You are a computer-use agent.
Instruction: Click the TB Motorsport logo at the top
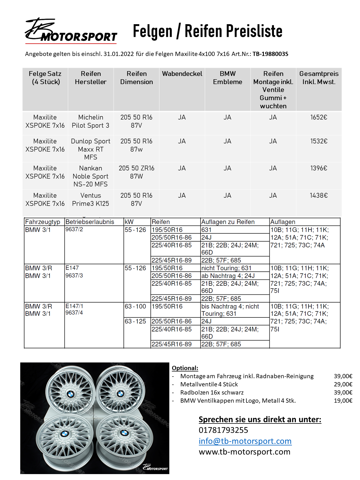coord(71,31)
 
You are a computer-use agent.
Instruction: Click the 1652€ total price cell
coord(319,117)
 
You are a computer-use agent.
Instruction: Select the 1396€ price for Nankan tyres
coord(319,168)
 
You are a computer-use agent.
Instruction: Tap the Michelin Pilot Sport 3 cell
coord(91,121)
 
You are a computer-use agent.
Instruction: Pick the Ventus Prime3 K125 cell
coord(91,199)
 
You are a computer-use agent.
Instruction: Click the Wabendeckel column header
coord(182,74)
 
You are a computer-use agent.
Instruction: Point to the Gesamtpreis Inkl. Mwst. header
coord(319,78)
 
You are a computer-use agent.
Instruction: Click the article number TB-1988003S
coord(270,54)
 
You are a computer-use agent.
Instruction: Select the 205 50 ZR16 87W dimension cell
coord(136,172)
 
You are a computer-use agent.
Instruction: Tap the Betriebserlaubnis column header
coord(90,222)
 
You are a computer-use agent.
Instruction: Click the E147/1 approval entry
coord(74,306)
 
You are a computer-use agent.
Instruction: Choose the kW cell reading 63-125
coord(135,321)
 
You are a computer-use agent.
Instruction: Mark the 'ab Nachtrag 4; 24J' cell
coord(228,276)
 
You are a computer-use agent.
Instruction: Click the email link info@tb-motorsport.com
coord(245,441)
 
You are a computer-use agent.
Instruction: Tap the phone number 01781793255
coord(223,430)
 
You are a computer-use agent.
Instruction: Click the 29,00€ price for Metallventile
coord(343,384)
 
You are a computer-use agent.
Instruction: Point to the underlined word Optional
coord(185,368)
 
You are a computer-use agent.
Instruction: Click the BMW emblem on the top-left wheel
coord(71,394)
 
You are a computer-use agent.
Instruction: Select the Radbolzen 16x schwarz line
coord(212,392)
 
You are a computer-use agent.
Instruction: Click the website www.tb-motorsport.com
coord(244,452)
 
